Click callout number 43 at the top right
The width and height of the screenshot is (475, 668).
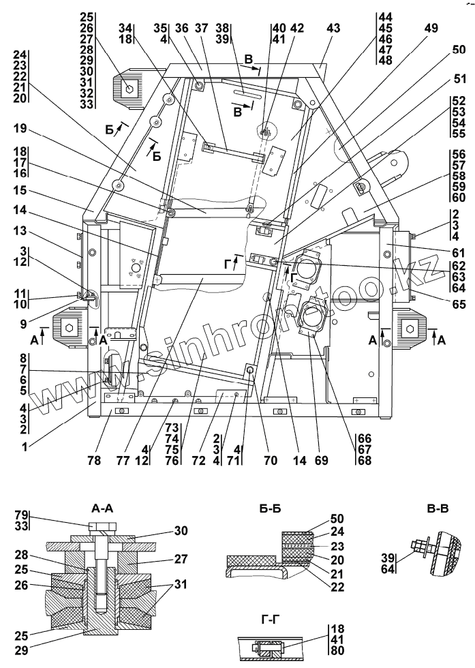333,29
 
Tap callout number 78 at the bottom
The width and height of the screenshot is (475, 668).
94,461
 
